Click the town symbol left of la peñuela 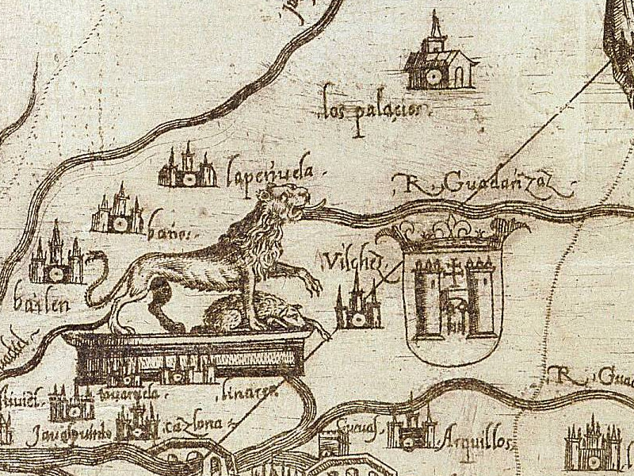click(x=188, y=169)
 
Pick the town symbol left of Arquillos click(x=411, y=429)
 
